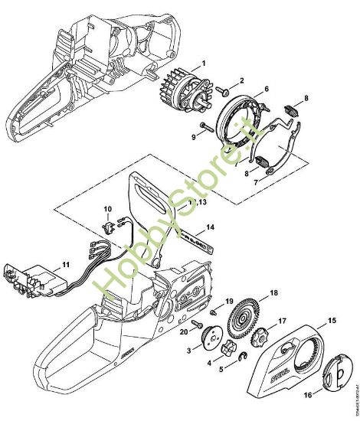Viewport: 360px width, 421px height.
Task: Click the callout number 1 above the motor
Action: (x=203, y=61)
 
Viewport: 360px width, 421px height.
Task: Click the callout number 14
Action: (x=210, y=227)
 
